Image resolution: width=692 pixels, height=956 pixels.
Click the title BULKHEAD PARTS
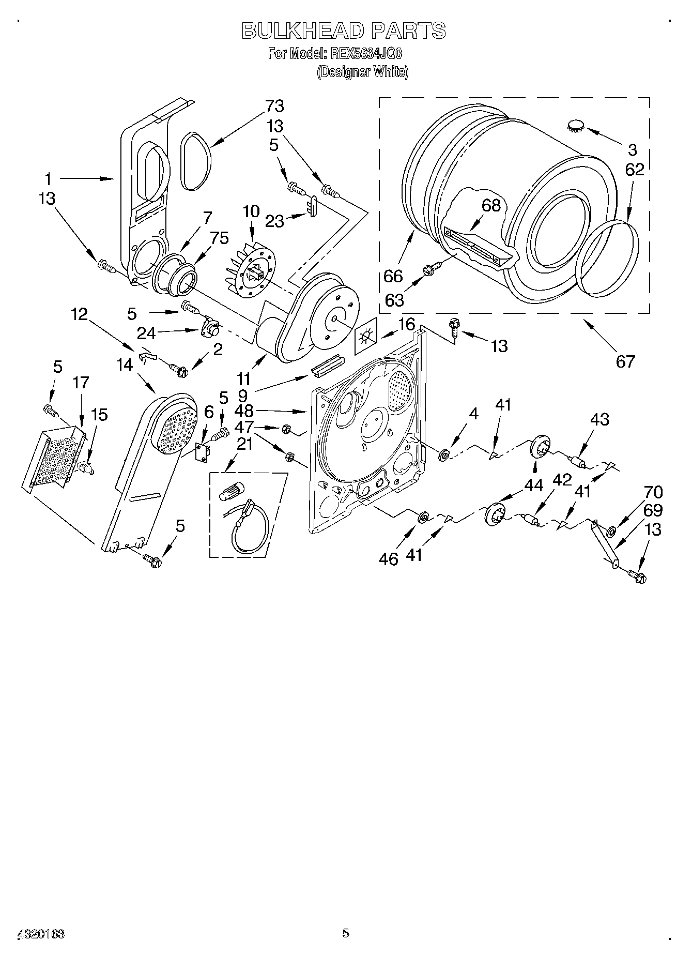[x=344, y=31]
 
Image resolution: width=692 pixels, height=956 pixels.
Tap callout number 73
[x=274, y=106]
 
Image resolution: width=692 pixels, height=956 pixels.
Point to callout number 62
[x=634, y=170]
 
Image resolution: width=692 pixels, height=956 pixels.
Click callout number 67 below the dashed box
[x=625, y=360]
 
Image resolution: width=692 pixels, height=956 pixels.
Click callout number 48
[x=244, y=411]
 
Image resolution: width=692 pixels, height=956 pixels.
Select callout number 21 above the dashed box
[x=244, y=443]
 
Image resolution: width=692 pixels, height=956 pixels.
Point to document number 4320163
[x=41, y=933]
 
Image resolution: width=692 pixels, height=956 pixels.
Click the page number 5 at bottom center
[x=346, y=933]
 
